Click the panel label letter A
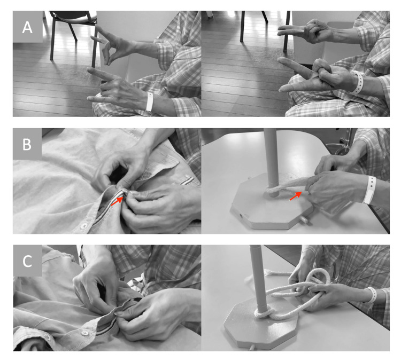[x=27, y=27]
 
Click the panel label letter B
[x=27, y=144]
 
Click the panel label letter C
[x=27, y=261]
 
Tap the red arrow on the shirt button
[x=117, y=201]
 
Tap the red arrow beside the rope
[x=296, y=196]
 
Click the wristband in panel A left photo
[x=150, y=101]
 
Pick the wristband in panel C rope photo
[x=372, y=295]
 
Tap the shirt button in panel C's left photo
[x=84, y=333]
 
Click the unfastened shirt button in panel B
[x=82, y=226]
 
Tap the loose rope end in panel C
[x=268, y=272]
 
